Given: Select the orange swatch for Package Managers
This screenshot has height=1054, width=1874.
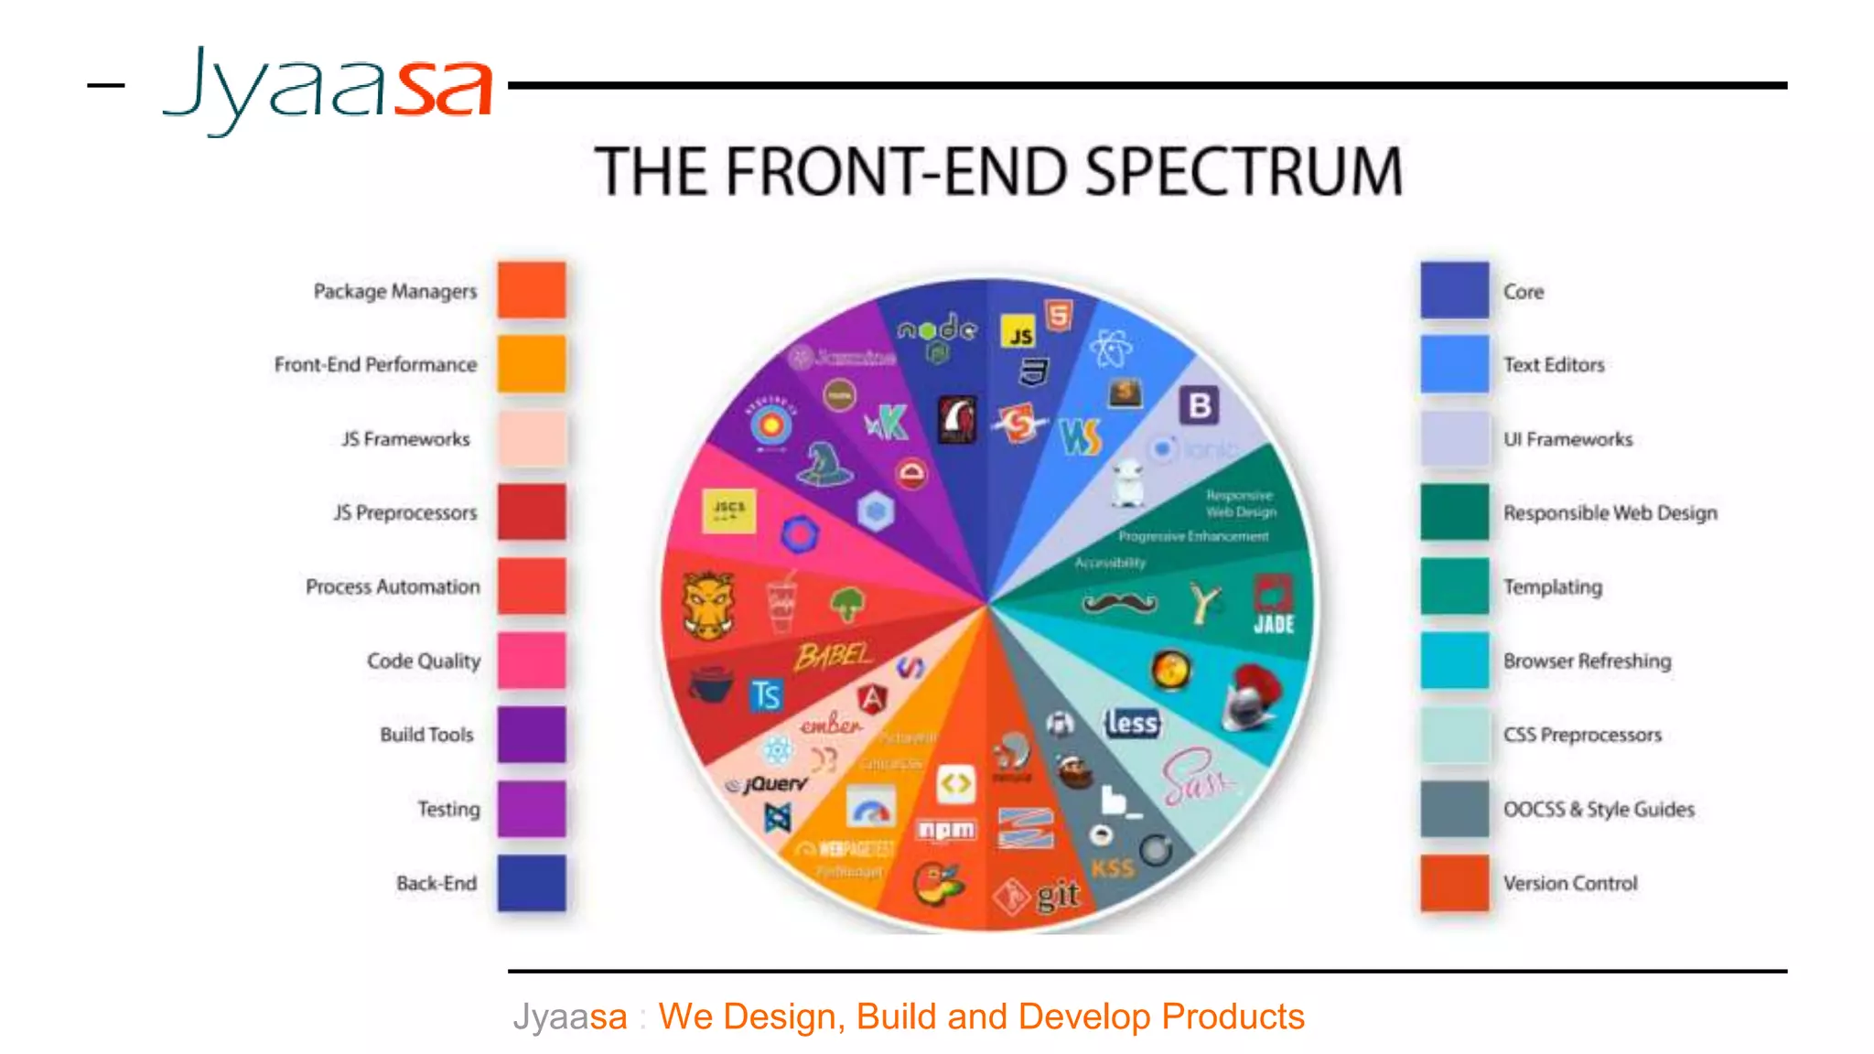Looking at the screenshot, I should [x=532, y=290].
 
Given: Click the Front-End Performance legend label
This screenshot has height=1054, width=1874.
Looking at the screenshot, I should [x=375, y=364].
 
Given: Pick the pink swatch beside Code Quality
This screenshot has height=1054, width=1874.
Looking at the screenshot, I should [x=532, y=661].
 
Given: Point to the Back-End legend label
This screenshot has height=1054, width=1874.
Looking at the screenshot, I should [x=436, y=883].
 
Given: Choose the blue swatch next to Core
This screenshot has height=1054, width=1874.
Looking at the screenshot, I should [x=1454, y=290].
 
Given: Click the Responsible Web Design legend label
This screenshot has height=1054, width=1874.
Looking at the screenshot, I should [x=1610, y=512].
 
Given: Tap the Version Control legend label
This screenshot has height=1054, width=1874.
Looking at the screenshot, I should [x=1570, y=883].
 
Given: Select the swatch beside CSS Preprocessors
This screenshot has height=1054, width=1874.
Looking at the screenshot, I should [x=1454, y=735].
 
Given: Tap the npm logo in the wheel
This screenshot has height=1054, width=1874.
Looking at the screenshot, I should [x=946, y=830].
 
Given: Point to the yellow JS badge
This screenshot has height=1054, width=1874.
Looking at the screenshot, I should [x=1018, y=332].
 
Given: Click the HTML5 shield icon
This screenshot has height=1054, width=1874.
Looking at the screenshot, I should [x=1059, y=316].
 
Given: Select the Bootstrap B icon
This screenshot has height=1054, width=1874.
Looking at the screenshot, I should [x=1200, y=405].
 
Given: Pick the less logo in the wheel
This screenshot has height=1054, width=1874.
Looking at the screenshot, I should [x=1132, y=723].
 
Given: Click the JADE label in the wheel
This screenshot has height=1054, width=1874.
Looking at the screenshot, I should [x=1274, y=624].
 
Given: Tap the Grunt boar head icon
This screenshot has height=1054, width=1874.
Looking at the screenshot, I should [x=708, y=604].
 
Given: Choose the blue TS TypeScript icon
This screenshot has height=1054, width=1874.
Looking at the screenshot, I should [x=767, y=695].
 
